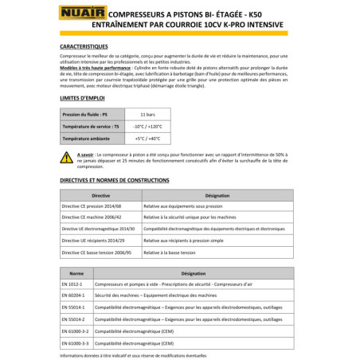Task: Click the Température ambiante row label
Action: (x=88, y=139)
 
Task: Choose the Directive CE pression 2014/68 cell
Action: (x=98, y=205)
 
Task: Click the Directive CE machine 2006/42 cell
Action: (x=97, y=216)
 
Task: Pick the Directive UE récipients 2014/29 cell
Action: (x=99, y=239)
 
